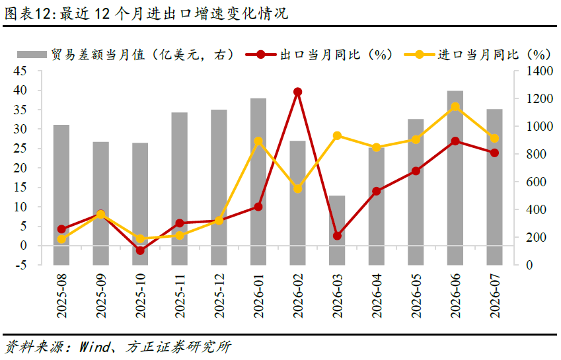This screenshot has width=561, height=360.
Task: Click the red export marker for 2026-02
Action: pos(297,92)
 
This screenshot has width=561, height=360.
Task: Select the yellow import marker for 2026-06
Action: pos(455,106)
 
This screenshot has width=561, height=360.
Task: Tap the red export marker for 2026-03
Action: pos(337,236)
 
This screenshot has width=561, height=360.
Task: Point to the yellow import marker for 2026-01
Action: pos(258,141)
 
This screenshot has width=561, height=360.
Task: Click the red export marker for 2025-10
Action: pos(140,250)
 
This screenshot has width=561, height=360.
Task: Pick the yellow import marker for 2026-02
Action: pos(297,189)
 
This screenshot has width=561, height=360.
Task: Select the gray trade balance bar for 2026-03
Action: pos(337,231)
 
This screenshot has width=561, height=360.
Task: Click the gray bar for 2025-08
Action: pos(61,195)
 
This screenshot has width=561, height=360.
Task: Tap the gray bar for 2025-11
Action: pos(180,189)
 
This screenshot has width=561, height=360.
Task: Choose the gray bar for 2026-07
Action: pos(494,187)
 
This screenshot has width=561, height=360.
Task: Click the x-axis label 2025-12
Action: pos(219,296)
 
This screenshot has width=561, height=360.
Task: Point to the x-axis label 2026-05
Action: pos(416,296)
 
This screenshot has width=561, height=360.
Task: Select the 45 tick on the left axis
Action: pos(20,71)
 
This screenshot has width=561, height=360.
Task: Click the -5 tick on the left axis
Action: pos(19,266)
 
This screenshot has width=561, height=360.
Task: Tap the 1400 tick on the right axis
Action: pos(539,71)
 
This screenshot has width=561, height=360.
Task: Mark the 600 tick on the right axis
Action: pos(536,182)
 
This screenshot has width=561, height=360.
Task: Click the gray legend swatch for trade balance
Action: pos(32,54)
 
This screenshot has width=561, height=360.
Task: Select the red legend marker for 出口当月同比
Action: pos(260,55)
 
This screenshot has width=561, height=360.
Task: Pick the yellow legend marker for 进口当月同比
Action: pos(419,55)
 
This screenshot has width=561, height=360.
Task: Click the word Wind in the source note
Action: pos(94,347)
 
